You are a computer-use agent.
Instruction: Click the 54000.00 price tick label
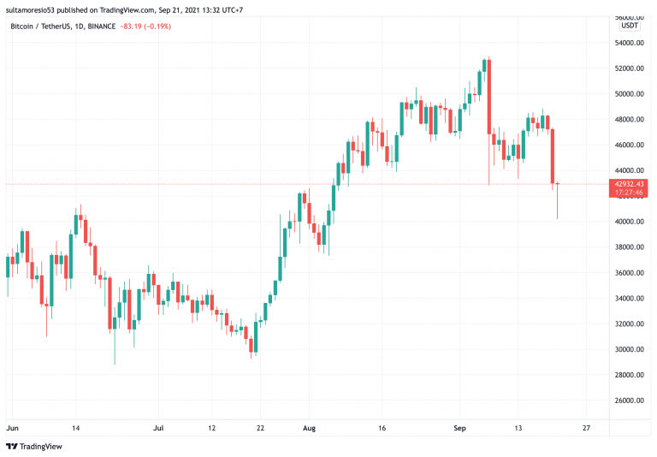[x=630, y=42]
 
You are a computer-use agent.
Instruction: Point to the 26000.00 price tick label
[x=630, y=401]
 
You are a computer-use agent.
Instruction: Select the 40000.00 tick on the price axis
[x=630, y=221]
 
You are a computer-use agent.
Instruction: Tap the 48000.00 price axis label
[x=630, y=119]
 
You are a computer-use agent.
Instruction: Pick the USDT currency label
[x=630, y=26]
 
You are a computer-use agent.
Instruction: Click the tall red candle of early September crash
[x=489, y=96]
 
